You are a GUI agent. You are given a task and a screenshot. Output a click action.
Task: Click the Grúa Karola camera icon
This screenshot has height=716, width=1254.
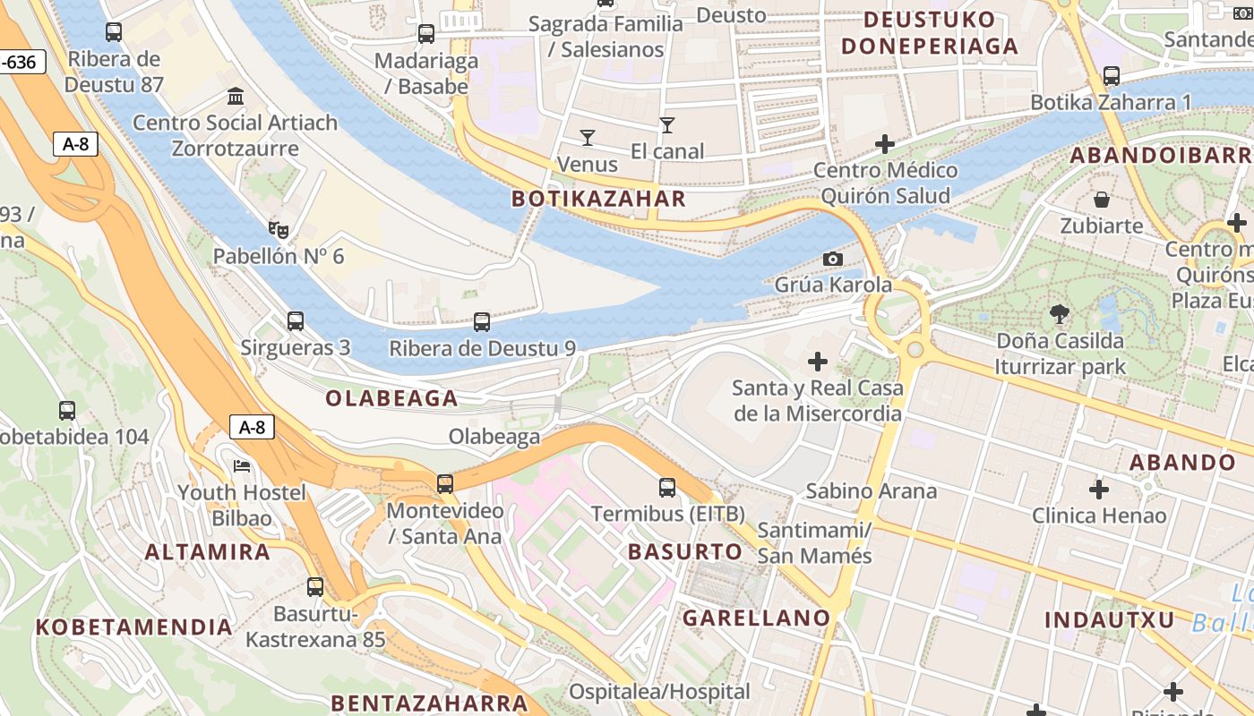(833, 259)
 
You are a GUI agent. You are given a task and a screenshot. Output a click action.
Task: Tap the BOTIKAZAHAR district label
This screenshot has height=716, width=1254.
(598, 199)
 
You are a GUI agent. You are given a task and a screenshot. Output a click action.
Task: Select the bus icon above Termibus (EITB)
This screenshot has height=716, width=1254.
(667, 487)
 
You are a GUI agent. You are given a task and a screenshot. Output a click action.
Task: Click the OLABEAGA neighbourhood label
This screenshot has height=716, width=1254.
(391, 398)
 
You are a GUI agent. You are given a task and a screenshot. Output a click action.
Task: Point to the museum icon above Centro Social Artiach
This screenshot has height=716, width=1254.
(236, 96)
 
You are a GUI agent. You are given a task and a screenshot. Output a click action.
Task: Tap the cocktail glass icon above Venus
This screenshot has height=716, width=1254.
(588, 137)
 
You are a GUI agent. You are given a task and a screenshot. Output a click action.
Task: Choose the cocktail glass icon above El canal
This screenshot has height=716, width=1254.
(666, 124)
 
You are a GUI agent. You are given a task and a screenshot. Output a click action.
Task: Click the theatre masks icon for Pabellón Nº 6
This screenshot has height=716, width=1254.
(278, 230)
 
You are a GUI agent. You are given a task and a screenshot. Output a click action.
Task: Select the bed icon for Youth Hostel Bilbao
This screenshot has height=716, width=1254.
(242, 465)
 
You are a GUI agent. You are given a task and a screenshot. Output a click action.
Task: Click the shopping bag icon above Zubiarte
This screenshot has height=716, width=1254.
(1102, 199)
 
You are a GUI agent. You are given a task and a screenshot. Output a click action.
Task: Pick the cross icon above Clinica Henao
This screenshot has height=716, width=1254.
(1099, 489)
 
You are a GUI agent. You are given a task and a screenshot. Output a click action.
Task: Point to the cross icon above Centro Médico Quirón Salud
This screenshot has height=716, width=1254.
(885, 143)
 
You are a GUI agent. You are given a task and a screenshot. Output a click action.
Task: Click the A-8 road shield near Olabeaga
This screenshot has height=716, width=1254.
(253, 427)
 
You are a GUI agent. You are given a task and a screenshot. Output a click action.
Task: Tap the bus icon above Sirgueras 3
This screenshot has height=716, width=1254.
(296, 320)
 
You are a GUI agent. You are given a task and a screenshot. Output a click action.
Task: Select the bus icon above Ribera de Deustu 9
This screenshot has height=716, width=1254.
(482, 321)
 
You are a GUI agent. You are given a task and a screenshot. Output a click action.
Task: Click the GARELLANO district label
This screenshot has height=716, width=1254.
(757, 618)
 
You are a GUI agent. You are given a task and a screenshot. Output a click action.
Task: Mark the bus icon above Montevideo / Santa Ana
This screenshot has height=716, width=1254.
(445, 483)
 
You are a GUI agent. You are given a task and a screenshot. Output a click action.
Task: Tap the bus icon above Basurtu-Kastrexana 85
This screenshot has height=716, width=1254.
(315, 587)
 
